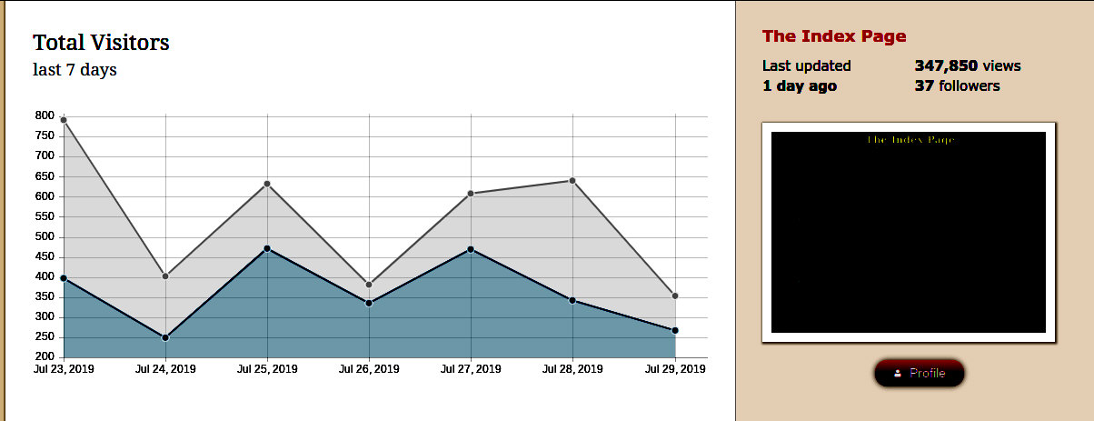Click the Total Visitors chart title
click(x=101, y=43)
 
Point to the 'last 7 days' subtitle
click(x=75, y=70)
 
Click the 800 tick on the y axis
click(x=45, y=115)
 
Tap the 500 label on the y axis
click(x=45, y=236)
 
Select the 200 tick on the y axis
click(x=45, y=357)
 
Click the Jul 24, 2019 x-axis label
click(x=165, y=369)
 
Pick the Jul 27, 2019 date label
click(x=471, y=369)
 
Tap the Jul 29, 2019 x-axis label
click(x=674, y=369)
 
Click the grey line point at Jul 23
click(x=64, y=120)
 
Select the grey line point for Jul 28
click(x=572, y=181)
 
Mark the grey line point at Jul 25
click(x=267, y=185)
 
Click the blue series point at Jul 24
click(x=165, y=337)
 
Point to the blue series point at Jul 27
click(x=471, y=249)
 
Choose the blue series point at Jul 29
click(x=675, y=330)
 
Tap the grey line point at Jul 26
click(x=369, y=286)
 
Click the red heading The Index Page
click(x=834, y=36)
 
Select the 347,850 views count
click(x=946, y=65)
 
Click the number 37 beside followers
click(x=924, y=86)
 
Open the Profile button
click(x=920, y=373)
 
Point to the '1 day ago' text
click(x=800, y=86)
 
